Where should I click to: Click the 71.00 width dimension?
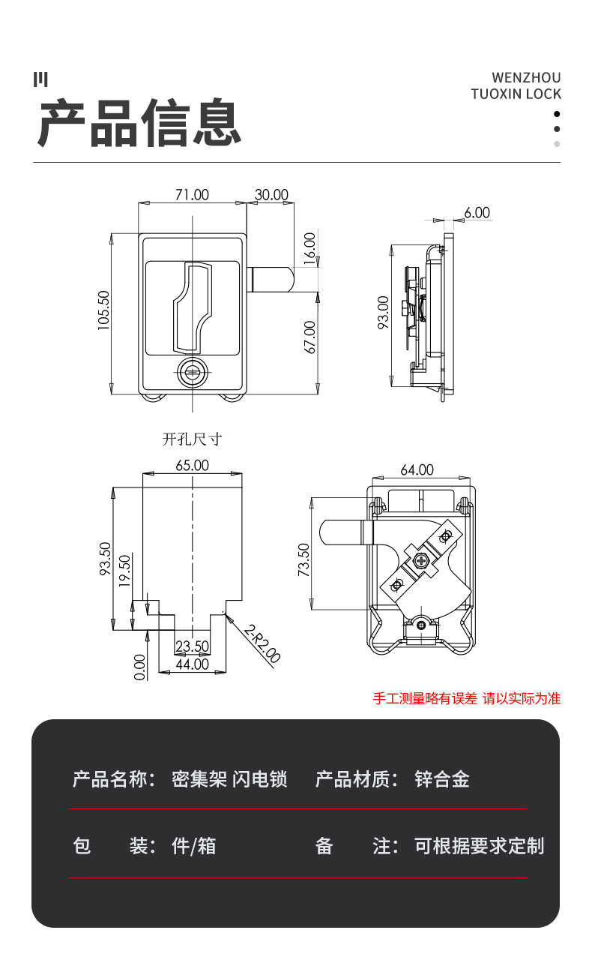pyautogui.click(x=192, y=195)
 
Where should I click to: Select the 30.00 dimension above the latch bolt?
pyautogui.click(x=271, y=195)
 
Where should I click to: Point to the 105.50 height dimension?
pyautogui.click(x=103, y=310)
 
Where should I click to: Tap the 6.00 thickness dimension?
pyautogui.click(x=477, y=213)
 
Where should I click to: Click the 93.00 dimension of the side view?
pyautogui.click(x=383, y=313)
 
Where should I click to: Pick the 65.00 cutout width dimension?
pyautogui.click(x=192, y=466)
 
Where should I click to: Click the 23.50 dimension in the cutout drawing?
pyautogui.click(x=192, y=646)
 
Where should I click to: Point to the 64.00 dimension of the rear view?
pyautogui.click(x=417, y=470)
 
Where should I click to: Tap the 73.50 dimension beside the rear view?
pyautogui.click(x=303, y=560)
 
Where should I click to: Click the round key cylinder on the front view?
pyautogui.click(x=193, y=372)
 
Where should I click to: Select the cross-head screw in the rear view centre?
pyautogui.click(x=421, y=560)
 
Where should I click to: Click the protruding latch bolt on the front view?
pyautogui.click(x=271, y=280)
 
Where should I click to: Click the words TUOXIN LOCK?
pyautogui.click(x=516, y=94)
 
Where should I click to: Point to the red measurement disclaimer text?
pyautogui.click(x=466, y=699)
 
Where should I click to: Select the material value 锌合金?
pyautogui.click(x=442, y=779)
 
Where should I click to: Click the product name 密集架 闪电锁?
pyautogui.click(x=229, y=779)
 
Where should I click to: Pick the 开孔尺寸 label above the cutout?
pyautogui.click(x=192, y=439)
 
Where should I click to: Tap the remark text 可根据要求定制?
pyautogui.click(x=479, y=846)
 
